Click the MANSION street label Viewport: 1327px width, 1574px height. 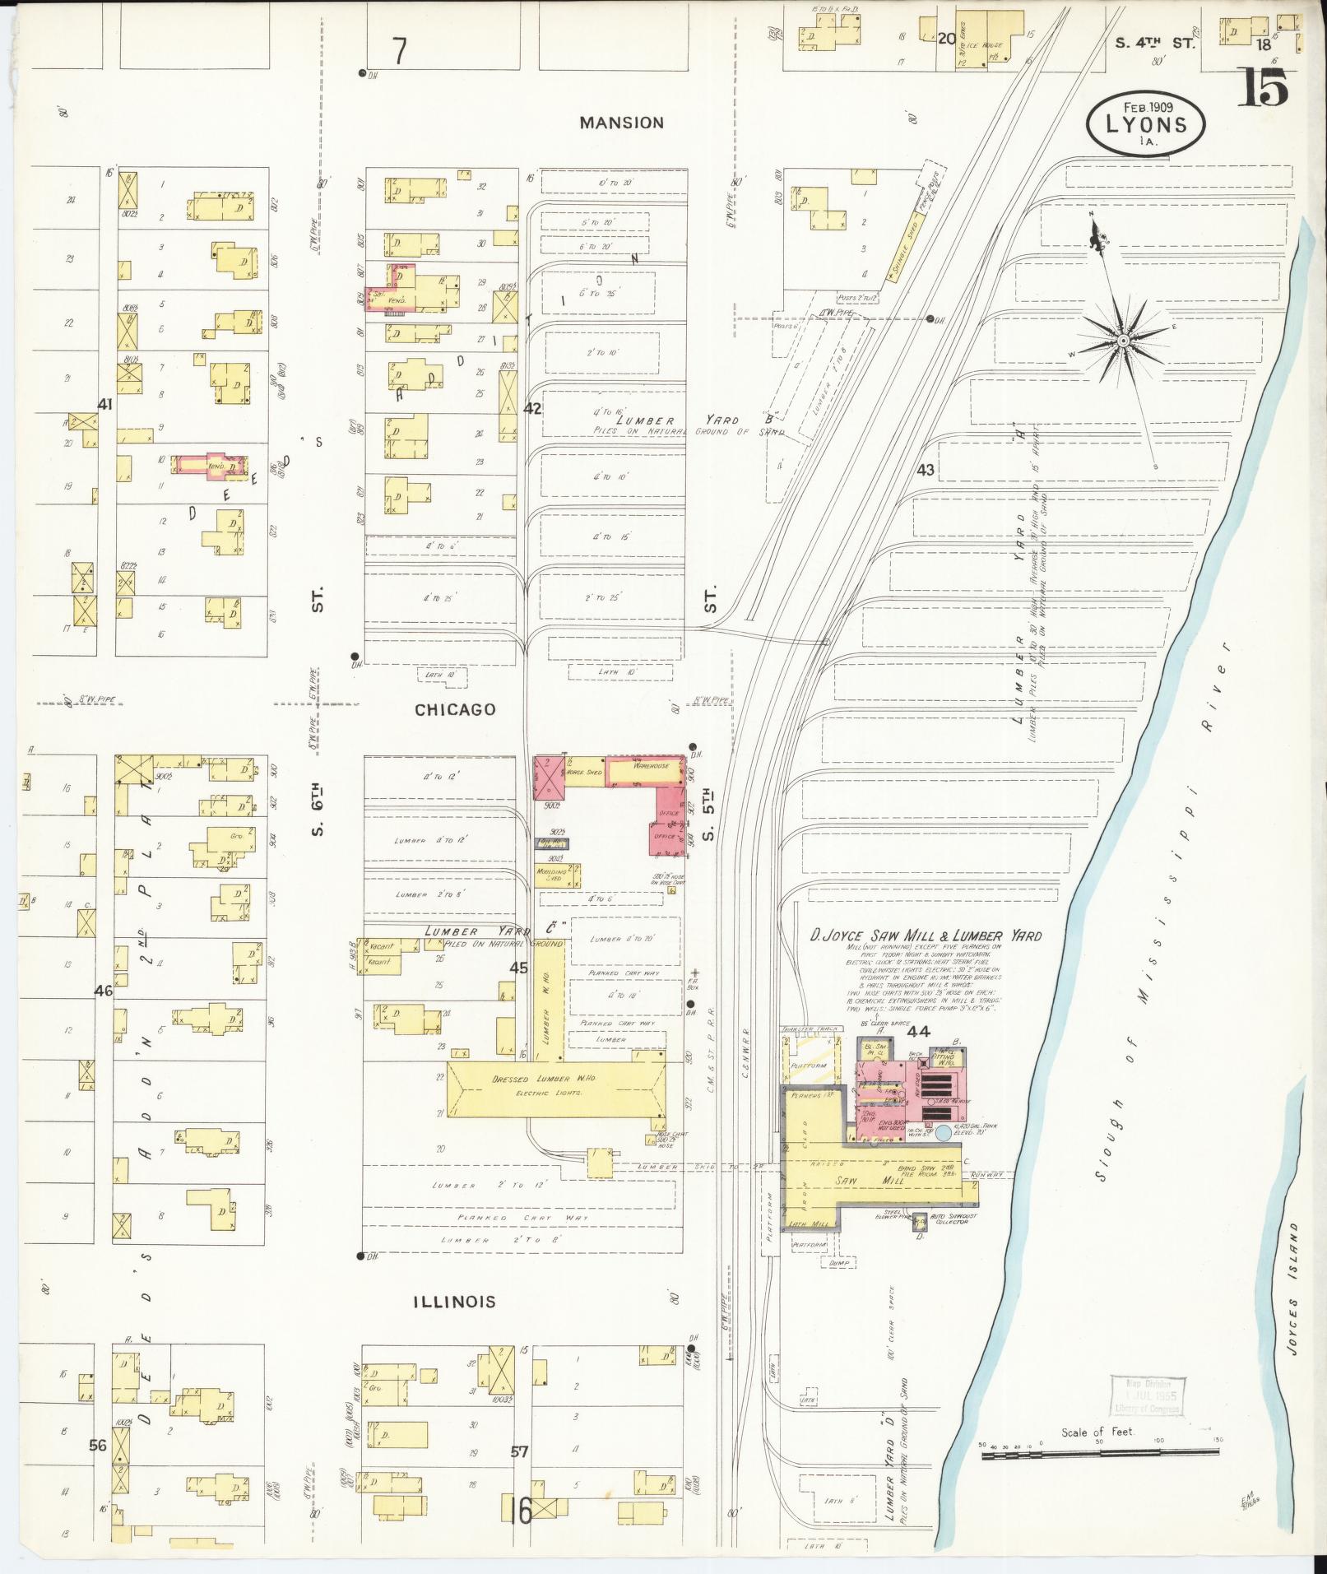tap(621, 123)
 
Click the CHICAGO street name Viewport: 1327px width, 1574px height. tap(455, 709)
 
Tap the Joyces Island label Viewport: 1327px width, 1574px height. tap(1296, 1298)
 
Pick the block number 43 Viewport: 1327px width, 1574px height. tap(926, 470)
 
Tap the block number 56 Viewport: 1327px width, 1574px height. tap(98, 1444)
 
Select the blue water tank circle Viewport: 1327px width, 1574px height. tap(944, 1134)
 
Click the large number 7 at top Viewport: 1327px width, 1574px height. tap(399, 51)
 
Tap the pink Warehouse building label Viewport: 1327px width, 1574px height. tap(650, 766)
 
